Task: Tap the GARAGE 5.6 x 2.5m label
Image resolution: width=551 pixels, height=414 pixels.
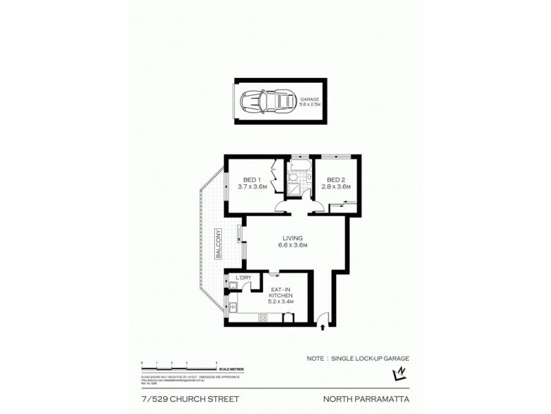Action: click(x=314, y=101)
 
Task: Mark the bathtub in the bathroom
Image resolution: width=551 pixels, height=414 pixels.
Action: click(x=300, y=166)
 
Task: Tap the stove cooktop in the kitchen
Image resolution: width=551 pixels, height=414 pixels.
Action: click(x=262, y=318)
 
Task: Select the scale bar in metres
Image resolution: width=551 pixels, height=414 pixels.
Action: click(x=179, y=366)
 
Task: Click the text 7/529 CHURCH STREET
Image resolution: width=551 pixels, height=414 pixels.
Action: click(x=178, y=398)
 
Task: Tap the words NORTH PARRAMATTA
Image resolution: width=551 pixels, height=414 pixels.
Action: click(x=366, y=398)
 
